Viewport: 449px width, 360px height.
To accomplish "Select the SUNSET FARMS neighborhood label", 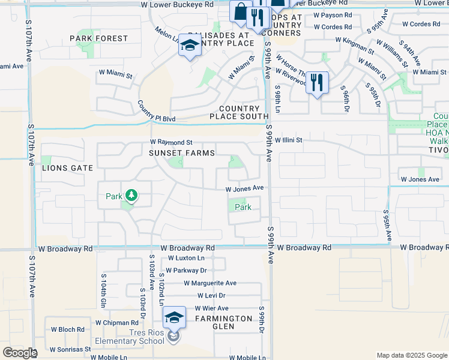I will (182, 153).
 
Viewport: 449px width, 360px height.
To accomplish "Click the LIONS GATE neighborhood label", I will (67, 168).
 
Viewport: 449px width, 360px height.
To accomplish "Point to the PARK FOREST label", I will (99, 38).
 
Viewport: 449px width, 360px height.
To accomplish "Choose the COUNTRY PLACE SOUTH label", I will (234, 116).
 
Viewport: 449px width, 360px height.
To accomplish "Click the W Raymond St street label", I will (171, 142).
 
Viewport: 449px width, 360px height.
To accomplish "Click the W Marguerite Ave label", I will (210, 283).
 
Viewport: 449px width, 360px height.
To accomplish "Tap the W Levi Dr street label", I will (211, 296).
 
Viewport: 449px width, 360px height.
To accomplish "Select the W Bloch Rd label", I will (67, 329).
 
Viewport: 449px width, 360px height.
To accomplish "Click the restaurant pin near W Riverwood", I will (317, 83).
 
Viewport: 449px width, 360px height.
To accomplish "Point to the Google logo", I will (20, 353).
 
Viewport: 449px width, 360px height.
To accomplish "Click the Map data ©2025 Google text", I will (411, 355).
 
